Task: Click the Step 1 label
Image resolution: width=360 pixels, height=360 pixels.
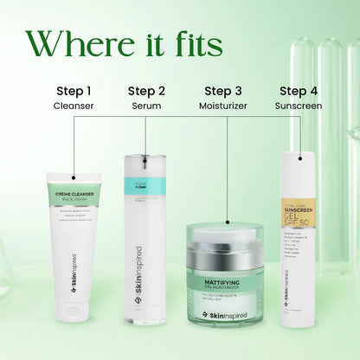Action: click(74, 90)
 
